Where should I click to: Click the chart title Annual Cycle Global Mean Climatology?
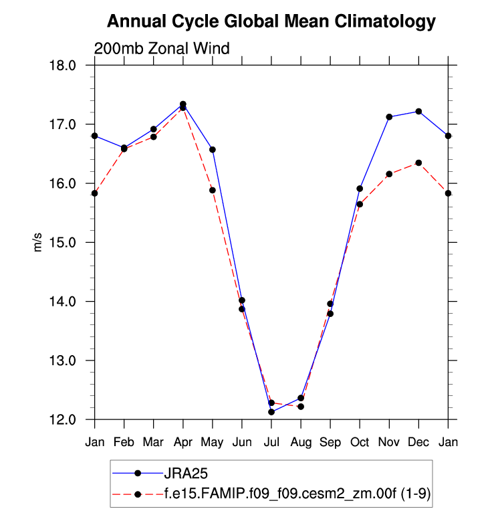[x=271, y=22]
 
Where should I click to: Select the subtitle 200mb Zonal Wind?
[x=162, y=48]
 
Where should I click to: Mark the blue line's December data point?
[x=418, y=111]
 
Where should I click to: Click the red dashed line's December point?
[x=418, y=163]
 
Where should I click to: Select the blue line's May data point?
[x=213, y=149]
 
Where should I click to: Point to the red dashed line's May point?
[x=213, y=190]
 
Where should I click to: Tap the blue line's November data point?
[x=389, y=117]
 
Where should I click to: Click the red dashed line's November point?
[x=389, y=174]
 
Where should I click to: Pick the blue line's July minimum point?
[x=271, y=412]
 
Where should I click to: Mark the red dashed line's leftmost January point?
[x=95, y=193]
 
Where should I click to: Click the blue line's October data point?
[x=360, y=189]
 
